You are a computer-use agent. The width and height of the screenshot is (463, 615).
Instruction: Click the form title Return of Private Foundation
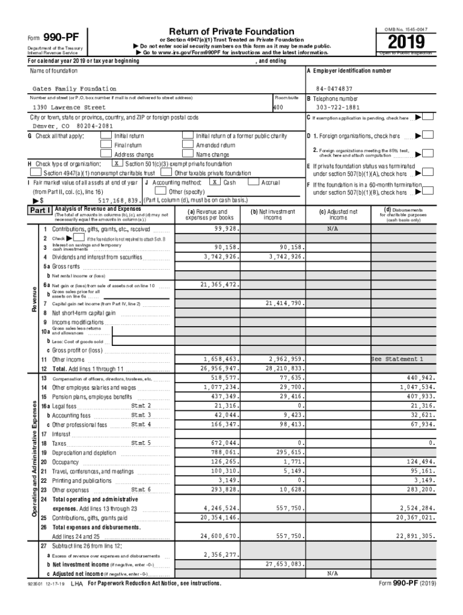click(x=231, y=31)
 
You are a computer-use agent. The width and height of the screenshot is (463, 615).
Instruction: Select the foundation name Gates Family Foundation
click(x=75, y=89)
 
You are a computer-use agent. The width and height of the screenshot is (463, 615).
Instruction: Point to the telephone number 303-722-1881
click(x=333, y=108)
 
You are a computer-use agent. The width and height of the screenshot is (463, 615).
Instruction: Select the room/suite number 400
click(x=278, y=108)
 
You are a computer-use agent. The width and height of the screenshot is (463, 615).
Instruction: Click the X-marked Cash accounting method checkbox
click(x=213, y=181)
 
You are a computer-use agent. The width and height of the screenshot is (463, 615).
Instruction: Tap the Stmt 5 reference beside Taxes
click(x=141, y=443)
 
